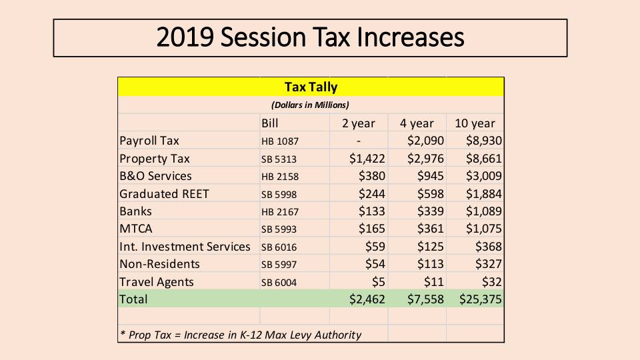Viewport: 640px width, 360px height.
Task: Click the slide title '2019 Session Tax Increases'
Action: (310, 37)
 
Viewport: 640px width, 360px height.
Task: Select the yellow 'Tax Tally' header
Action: (311, 87)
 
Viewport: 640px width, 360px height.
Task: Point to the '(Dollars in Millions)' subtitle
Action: (310, 105)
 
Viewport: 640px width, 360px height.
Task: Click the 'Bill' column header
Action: (270, 123)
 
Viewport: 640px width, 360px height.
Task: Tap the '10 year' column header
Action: (475, 123)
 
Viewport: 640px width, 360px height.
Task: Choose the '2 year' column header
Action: (359, 123)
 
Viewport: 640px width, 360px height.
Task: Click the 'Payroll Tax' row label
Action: (149, 141)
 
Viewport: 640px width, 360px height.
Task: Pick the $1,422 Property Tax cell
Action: (367, 159)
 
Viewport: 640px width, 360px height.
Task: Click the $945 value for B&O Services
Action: (430, 176)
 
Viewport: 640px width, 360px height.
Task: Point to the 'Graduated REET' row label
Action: (164, 194)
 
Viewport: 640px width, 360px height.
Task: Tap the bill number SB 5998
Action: (279, 195)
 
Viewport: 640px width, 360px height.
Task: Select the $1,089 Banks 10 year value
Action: (483, 211)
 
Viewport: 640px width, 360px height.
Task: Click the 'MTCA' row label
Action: (136, 229)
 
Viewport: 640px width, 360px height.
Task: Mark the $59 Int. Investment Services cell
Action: (375, 247)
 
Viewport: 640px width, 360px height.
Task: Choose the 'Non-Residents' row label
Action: (159, 264)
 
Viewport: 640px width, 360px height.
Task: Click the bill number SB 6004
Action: (279, 283)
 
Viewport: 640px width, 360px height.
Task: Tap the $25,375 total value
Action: (480, 299)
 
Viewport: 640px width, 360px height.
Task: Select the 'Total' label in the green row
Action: (133, 299)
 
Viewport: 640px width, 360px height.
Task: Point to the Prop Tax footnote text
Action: (240, 335)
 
